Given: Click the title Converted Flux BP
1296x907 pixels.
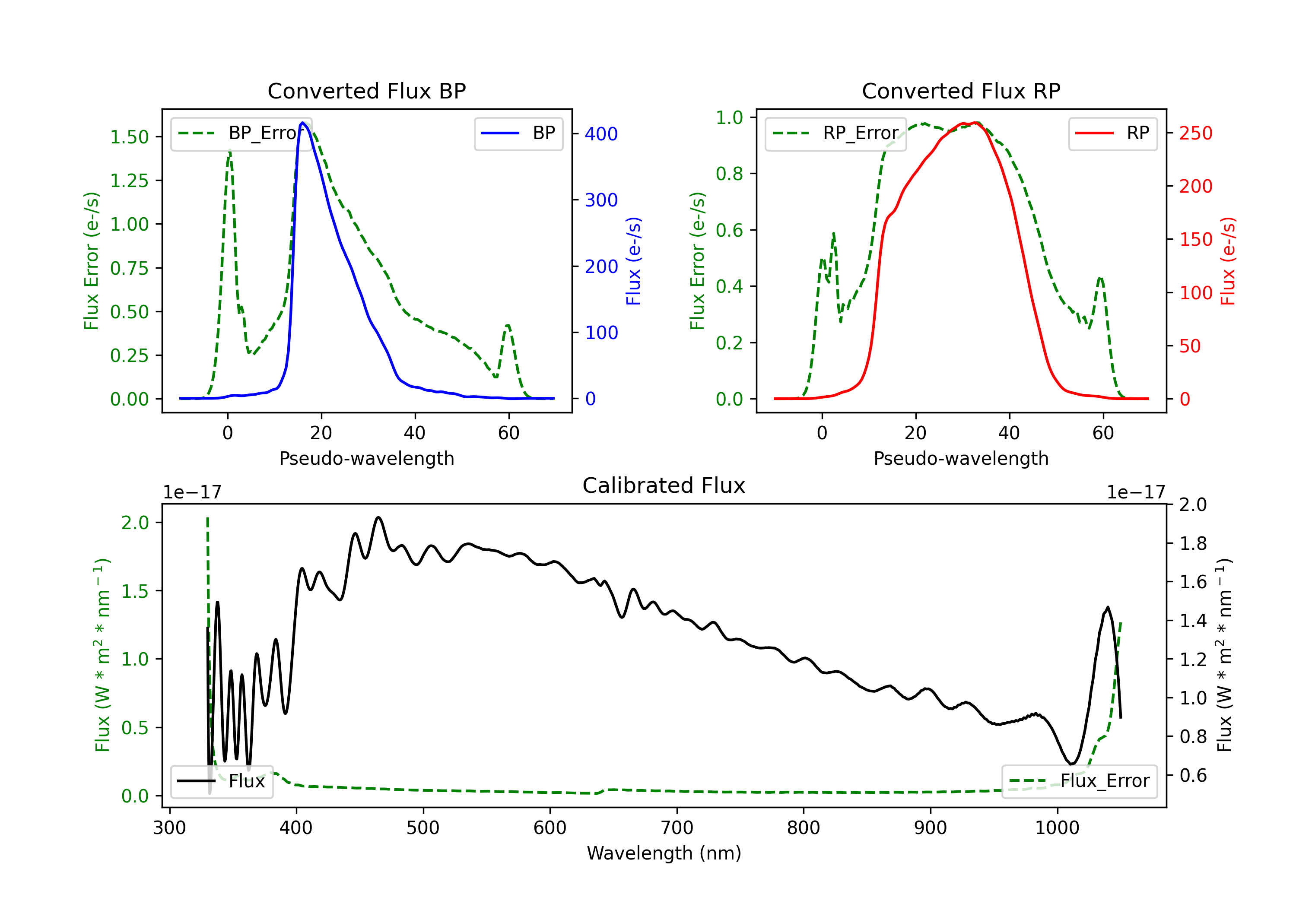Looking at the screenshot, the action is pos(366,91).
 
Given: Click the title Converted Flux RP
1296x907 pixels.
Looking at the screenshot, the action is pos(961,91).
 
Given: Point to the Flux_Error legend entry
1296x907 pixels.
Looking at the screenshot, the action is pos(1079,781).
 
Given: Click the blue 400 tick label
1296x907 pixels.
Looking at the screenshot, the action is pos(601,134).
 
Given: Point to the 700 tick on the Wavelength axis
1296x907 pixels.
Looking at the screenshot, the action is pos(677,828).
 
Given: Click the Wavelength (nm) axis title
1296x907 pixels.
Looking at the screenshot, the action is pos(664,853).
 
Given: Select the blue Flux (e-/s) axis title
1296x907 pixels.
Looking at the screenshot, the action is pos(633,261).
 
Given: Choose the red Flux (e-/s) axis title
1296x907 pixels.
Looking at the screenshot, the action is pos(1228,261).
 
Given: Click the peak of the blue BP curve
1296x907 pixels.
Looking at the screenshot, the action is pos(302,123).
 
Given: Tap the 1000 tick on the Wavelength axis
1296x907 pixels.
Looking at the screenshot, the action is pos(1057,828).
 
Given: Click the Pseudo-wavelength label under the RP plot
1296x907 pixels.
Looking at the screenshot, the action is pos(961,458).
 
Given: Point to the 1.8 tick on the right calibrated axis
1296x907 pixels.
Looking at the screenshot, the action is pos(1193,543).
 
